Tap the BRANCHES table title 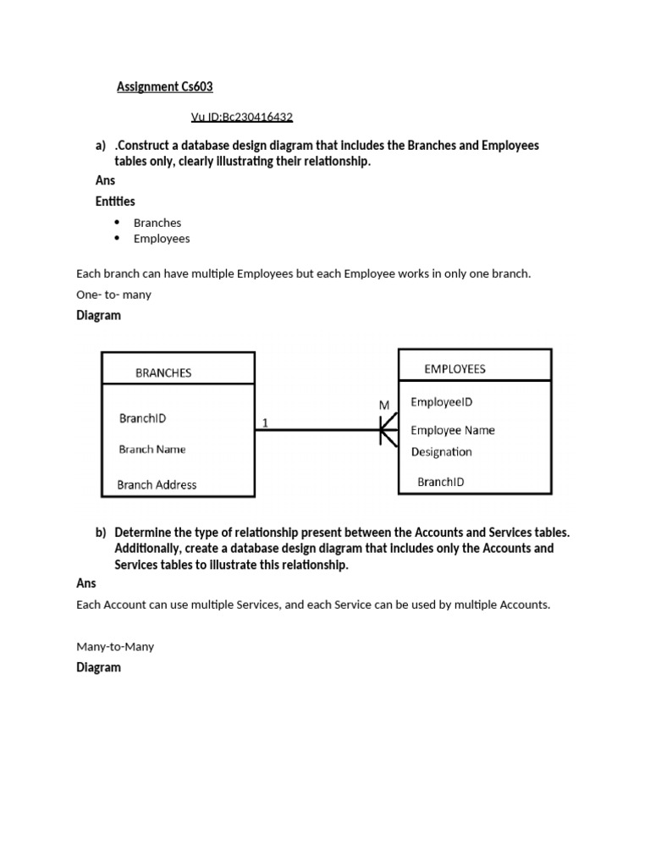tap(163, 373)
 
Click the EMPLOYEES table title tap(454, 369)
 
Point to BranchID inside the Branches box tap(149, 418)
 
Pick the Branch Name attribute tap(152, 450)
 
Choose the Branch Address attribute tap(157, 485)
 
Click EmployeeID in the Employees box tap(441, 401)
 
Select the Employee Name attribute tap(453, 430)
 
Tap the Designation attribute tap(441, 452)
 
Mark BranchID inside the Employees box tap(440, 482)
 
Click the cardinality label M tap(384, 406)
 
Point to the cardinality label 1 tap(266, 422)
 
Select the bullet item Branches tap(157, 223)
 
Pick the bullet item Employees tap(162, 239)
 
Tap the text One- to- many tap(113, 295)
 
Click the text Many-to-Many tap(115, 647)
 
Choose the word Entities tap(115, 202)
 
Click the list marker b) tap(101, 533)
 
